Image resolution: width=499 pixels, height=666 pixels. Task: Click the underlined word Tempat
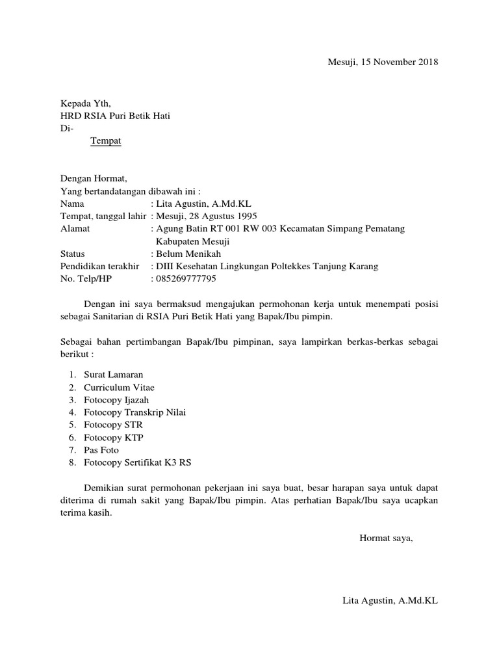[x=105, y=140]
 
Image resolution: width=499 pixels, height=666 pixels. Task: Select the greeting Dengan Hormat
[x=94, y=178]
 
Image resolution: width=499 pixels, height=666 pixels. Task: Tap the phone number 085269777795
[x=186, y=279]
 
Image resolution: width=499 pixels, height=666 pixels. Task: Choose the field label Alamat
[x=75, y=228]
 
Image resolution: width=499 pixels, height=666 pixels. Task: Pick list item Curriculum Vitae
[x=119, y=388]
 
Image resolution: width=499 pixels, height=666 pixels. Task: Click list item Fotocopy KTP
[x=113, y=437]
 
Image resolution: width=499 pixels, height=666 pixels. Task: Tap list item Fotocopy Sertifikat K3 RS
[x=138, y=462]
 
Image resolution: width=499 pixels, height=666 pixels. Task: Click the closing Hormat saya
[x=386, y=538]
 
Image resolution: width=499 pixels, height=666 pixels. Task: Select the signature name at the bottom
[x=390, y=601]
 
